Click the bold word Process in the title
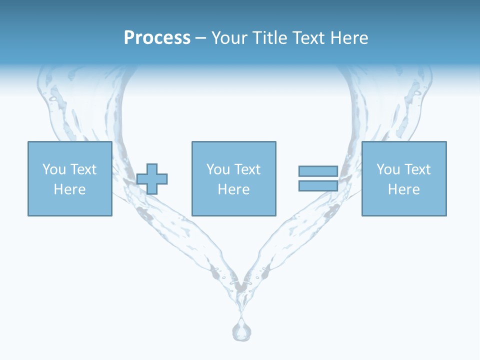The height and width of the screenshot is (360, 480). coord(157,38)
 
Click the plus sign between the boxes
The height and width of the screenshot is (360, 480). coord(152,178)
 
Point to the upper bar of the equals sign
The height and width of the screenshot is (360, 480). coord(318,171)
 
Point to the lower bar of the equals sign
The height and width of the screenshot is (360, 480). coord(318,185)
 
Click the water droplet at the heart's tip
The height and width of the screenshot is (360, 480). coord(241,329)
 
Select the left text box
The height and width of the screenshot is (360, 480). coord(69,178)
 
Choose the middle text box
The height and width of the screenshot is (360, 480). coord(233,178)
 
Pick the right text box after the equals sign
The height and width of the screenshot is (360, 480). coord(403,178)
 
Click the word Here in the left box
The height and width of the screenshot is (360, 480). coord(69,189)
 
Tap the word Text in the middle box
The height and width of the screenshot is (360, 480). coord(247,169)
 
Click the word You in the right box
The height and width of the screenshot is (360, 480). coord(388,169)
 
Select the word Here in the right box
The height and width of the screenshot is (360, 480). coord(403,189)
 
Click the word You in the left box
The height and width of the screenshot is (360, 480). coord(54,169)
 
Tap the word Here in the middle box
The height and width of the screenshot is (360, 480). coord(233,189)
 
